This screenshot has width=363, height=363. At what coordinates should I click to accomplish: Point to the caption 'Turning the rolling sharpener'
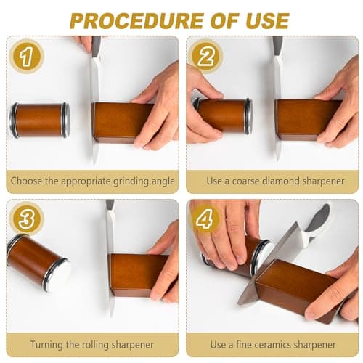pos(91,343)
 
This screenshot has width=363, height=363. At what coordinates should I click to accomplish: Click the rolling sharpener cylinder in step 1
pos(39,120)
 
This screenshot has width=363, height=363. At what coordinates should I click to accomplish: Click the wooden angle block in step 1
pos(123,122)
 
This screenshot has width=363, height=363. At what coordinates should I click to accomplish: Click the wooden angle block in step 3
pos(138,274)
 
